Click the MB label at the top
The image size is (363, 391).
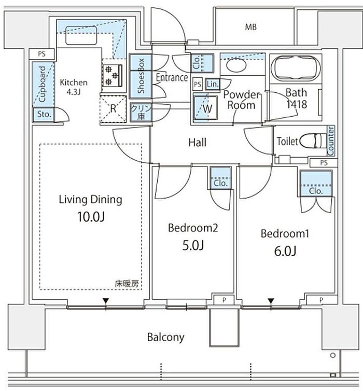pos(251,26)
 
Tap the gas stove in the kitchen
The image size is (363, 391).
pos(113,75)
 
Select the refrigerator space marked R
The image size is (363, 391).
pos(113,109)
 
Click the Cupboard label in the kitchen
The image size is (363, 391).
pos(43,84)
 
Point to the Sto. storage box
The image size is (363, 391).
pos(44,115)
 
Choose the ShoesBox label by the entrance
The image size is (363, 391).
pos(141,76)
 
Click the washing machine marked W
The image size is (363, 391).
pos(206,108)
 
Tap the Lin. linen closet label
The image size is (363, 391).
pos(213,85)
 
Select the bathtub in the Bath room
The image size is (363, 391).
pos(296,67)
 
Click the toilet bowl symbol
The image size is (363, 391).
pos(313,141)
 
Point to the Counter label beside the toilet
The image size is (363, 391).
pos(331,141)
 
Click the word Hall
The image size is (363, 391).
pos(198,143)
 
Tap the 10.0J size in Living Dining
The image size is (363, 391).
pos(91,217)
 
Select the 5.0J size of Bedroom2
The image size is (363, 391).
pos(193,245)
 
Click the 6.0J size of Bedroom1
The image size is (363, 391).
pos(285,251)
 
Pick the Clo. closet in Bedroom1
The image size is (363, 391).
pos(316,184)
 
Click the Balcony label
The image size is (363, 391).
pos(166,337)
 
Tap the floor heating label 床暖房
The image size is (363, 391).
pos(127,284)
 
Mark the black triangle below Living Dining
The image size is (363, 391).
pos(106,301)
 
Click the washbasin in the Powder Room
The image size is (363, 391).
pos(236,65)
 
